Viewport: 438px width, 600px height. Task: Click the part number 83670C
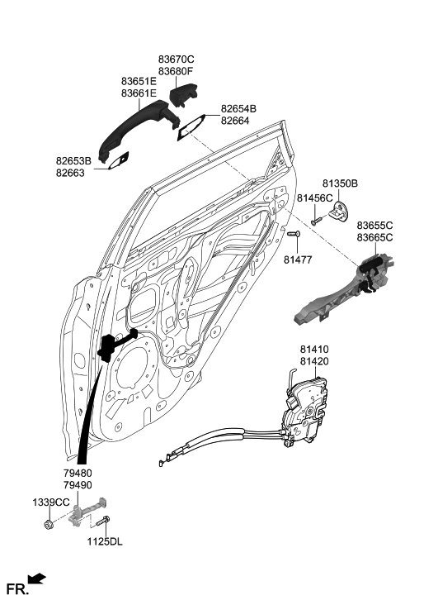(176, 60)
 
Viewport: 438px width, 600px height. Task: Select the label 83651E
(139, 82)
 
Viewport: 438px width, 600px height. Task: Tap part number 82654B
(238, 109)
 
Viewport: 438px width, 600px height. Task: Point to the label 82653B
(74, 160)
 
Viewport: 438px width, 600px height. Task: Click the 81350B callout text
(340, 183)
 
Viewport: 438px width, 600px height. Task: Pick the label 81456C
(314, 198)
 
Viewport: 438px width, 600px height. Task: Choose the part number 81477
(299, 260)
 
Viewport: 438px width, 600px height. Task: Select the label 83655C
(374, 226)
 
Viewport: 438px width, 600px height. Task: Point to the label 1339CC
(50, 502)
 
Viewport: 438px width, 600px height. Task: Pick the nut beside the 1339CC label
(48, 523)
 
